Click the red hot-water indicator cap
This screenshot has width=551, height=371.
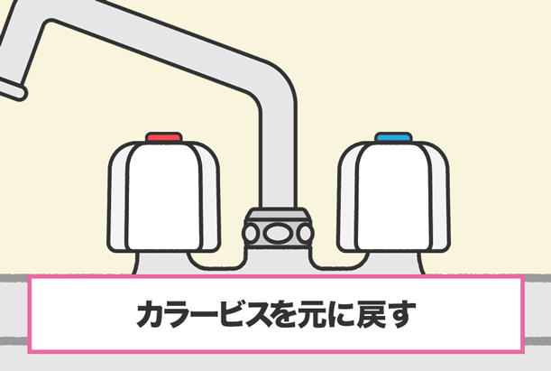click(164, 137)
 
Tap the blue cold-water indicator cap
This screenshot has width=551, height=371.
click(393, 137)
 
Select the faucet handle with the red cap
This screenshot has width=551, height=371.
click(164, 196)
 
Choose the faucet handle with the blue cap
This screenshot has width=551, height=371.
click(393, 196)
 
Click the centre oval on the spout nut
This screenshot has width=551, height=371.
click(278, 234)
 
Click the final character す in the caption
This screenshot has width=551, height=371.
click(400, 314)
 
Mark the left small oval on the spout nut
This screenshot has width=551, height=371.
click(251, 234)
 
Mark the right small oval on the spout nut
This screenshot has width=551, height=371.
click(305, 234)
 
